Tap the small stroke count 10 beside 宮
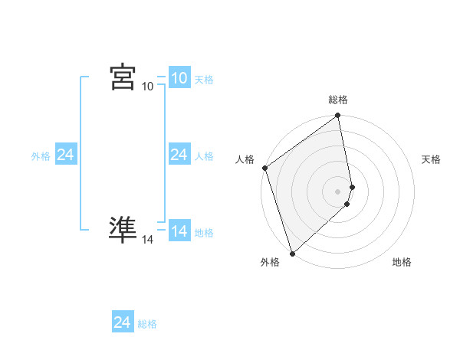click(x=147, y=87)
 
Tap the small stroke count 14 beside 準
click(x=147, y=240)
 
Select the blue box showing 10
click(x=179, y=78)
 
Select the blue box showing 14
click(x=179, y=231)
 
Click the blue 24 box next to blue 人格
click(x=179, y=155)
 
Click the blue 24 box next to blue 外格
click(x=65, y=155)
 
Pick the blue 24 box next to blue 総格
click(x=122, y=322)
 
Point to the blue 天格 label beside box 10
click(x=204, y=80)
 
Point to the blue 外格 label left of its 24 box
click(x=41, y=156)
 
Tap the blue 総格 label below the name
click(x=147, y=324)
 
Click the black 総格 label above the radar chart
click(x=338, y=100)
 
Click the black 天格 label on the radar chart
click(x=432, y=159)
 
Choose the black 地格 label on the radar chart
click(x=402, y=262)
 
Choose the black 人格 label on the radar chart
click(x=245, y=159)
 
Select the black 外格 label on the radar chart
click(x=269, y=262)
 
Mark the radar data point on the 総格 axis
click(x=338, y=116)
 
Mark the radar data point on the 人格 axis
click(x=264, y=168)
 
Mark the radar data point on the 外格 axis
click(x=292, y=253)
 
